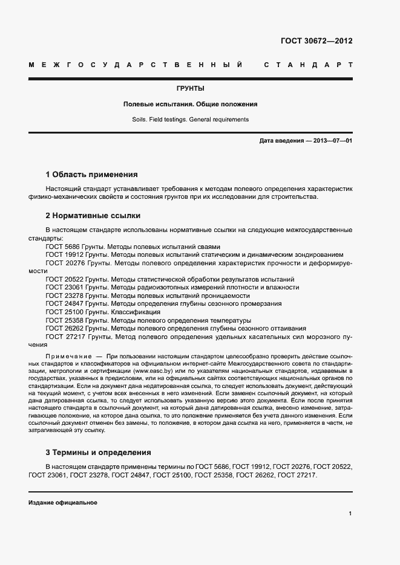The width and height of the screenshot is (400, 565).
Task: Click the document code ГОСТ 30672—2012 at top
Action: pyautogui.click(x=316, y=41)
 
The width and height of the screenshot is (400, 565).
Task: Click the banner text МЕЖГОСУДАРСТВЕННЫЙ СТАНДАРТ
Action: pyautogui.click(x=190, y=65)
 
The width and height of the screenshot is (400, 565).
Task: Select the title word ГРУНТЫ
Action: pyautogui.click(x=190, y=88)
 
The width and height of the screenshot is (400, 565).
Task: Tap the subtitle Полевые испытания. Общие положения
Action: pyautogui.click(x=190, y=104)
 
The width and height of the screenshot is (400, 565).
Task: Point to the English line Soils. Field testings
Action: pyautogui.click(x=190, y=120)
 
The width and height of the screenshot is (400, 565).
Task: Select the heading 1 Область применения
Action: pyautogui.click(x=92, y=174)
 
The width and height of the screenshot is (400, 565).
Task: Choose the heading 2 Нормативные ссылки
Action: pyautogui.click(x=93, y=215)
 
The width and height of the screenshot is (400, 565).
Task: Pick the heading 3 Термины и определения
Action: pyautogui.click(x=98, y=453)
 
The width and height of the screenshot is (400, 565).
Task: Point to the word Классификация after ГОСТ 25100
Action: pyautogui.click(x=136, y=312)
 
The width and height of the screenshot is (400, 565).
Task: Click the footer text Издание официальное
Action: pyautogui.click(x=63, y=503)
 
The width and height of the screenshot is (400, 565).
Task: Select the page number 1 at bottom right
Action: pyautogui.click(x=350, y=514)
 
